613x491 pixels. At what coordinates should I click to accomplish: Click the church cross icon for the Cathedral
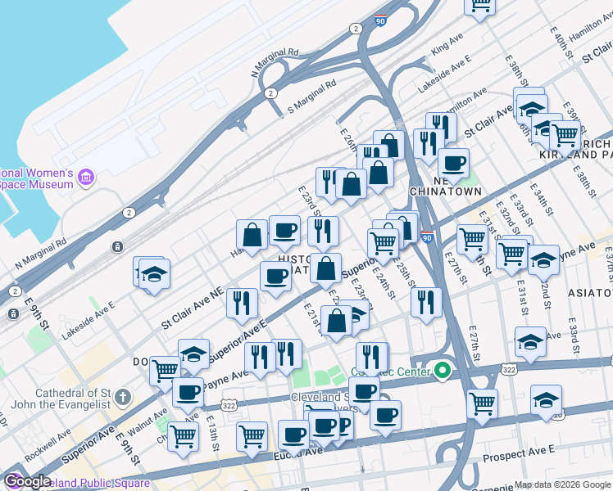click(x=122, y=399)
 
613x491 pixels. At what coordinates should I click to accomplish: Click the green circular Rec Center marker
click(x=443, y=372)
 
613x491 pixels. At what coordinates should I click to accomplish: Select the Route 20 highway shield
click(x=556, y=415)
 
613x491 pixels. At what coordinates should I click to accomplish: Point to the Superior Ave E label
click(x=238, y=341)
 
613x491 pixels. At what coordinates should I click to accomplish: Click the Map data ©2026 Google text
click(x=563, y=484)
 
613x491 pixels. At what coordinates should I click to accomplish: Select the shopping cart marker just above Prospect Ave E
click(x=482, y=403)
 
